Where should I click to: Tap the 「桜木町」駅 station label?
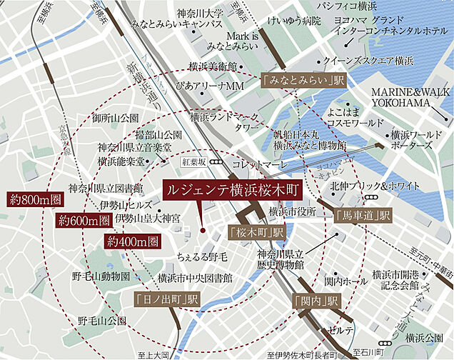[256, 232]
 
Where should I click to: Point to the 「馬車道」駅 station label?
[363, 214]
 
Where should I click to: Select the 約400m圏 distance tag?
[132, 241]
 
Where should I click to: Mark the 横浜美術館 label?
[213, 66]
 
